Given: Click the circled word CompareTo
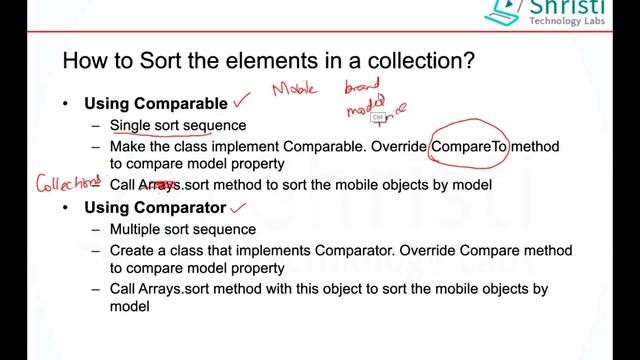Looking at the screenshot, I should click(470, 147).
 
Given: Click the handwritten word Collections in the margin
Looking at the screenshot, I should click(68, 183).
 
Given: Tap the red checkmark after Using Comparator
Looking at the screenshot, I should click(238, 207).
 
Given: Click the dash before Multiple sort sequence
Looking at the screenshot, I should click(95, 230).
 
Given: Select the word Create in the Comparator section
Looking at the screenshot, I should click(134, 250).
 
